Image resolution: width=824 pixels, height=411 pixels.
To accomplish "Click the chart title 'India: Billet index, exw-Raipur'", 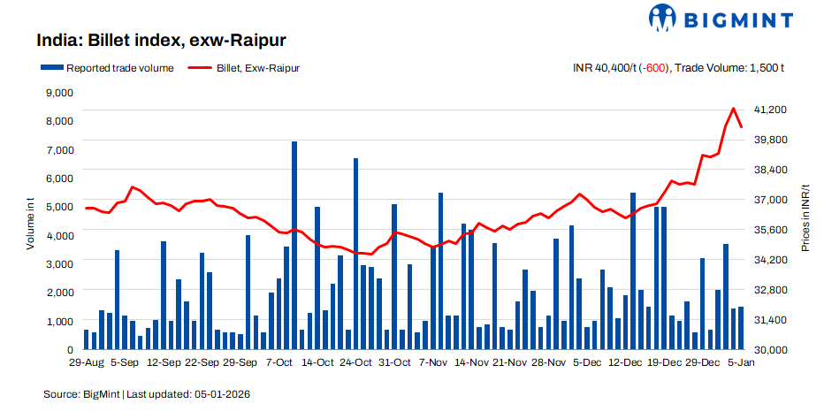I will coord(160,41).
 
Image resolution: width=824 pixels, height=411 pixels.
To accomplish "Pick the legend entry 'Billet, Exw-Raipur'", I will coord(238,67).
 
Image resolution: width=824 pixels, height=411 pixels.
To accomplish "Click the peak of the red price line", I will coord(733,109).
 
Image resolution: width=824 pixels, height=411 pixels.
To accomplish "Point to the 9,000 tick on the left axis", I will coord(59,92).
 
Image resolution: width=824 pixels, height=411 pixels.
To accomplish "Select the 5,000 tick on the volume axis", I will coord(59,207).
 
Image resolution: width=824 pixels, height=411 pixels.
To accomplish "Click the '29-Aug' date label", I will coord(86,362).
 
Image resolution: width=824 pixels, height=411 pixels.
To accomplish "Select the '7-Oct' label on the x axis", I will coord(278,362).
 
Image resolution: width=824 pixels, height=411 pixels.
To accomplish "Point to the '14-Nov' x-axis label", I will coord(471,362).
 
